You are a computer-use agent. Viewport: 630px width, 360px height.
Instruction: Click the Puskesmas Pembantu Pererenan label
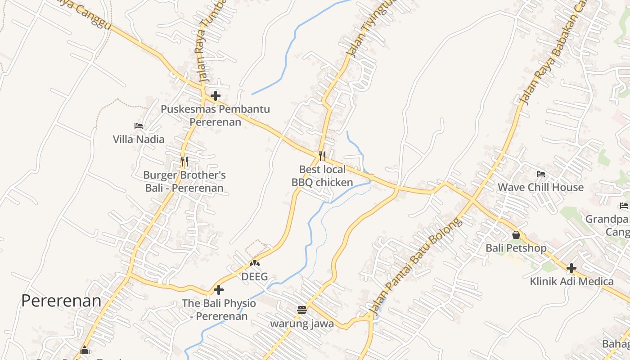click(215, 115)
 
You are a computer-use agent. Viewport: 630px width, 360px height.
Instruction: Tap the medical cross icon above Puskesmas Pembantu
click(216, 95)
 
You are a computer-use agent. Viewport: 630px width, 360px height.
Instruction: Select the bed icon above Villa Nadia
click(139, 126)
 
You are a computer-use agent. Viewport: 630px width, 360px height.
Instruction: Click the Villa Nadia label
click(139, 139)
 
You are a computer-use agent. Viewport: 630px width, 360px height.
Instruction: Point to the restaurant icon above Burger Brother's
click(184, 161)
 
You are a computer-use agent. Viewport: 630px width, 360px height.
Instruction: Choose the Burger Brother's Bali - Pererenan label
click(184, 181)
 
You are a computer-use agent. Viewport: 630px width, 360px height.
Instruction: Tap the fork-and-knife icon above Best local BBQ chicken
click(322, 156)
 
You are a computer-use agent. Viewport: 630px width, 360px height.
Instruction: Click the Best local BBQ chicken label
click(322, 176)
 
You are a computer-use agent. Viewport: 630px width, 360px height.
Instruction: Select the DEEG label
click(255, 276)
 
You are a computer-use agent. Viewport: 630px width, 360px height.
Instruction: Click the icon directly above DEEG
click(255, 263)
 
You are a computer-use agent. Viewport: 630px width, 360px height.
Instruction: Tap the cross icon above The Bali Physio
click(219, 290)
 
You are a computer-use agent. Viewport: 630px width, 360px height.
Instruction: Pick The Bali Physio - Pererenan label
click(219, 310)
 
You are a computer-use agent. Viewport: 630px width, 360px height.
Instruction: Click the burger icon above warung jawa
click(302, 310)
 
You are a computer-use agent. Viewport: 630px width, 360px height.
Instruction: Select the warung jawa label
click(302, 323)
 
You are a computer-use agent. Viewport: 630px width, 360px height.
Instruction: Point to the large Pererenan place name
click(61, 301)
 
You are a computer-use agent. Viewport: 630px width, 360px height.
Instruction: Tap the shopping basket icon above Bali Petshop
click(516, 235)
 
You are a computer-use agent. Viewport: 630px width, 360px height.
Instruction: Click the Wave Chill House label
click(540, 187)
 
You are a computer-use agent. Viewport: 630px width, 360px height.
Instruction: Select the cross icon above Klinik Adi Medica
click(571, 268)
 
